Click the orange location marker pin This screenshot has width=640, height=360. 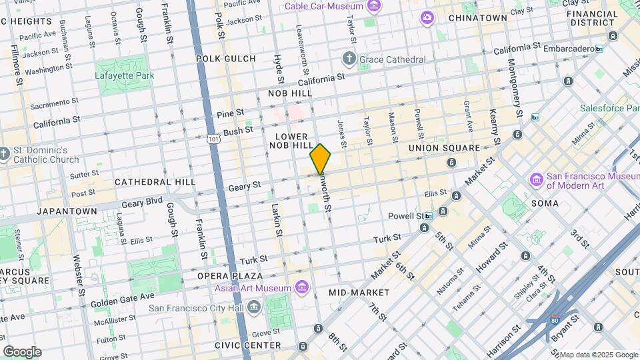320,159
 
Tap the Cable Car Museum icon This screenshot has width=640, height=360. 374,7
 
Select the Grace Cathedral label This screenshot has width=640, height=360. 392,59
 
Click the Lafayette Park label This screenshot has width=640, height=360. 125,75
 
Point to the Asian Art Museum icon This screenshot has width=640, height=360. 303,288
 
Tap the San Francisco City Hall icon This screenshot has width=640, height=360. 253,308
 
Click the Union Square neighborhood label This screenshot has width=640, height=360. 444,148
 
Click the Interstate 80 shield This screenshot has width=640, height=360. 555,321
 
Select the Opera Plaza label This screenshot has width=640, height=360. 229,275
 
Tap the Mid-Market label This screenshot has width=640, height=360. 359,293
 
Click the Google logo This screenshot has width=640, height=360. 22,352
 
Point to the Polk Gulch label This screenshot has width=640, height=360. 226,59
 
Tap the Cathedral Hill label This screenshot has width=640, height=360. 155,181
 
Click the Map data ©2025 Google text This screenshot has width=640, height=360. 598,355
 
